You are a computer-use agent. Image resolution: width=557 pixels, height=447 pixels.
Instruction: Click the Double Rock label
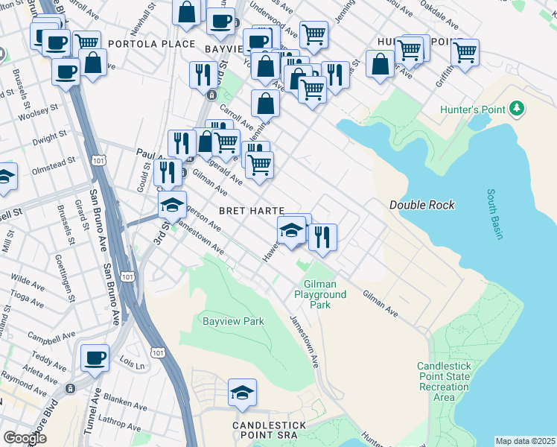pos(422,205)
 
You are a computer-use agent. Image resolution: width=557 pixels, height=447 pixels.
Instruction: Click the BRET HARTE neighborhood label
pos(252,211)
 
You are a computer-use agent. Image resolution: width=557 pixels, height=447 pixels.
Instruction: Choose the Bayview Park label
pos(233,322)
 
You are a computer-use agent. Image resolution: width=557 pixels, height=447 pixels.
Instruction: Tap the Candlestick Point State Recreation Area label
pos(444,381)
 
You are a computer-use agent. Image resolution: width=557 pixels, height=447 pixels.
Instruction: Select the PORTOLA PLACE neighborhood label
pos(151,44)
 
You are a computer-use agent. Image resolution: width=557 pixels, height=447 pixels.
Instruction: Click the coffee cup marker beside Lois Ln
pos(95,358)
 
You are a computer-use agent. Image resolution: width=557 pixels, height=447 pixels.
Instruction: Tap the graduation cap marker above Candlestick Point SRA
pos(242,393)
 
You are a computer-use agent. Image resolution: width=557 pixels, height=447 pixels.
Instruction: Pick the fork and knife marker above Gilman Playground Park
pos(322,237)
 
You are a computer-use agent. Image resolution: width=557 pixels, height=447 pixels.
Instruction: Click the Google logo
pos(25,438)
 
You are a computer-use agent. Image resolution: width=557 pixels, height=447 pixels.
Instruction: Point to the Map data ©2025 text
pos(524,441)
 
